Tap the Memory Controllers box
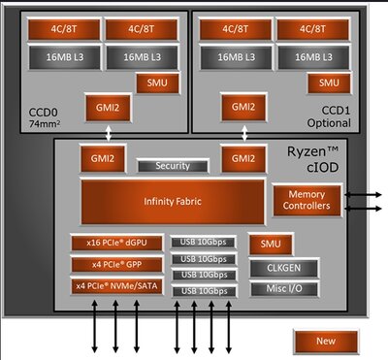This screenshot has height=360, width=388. point(304,200)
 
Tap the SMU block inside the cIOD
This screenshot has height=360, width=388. point(263,243)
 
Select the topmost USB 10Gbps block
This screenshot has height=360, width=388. point(204,243)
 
